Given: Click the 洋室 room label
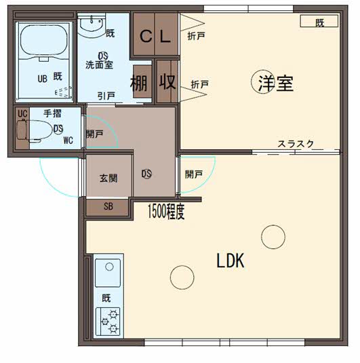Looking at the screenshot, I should [275, 83].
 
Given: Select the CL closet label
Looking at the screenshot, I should [155, 37].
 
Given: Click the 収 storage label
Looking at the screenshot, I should [167, 82].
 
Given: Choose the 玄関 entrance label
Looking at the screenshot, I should [108, 178].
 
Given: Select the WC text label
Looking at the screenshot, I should [68, 140].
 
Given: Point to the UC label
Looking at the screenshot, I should [22, 113].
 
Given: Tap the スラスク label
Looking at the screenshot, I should [295, 143].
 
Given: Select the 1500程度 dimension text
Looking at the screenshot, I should [166, 213].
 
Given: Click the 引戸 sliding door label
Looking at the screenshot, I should [105, 96].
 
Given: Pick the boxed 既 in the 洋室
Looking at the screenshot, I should [319, 22].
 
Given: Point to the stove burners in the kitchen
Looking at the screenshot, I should [109, 321].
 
